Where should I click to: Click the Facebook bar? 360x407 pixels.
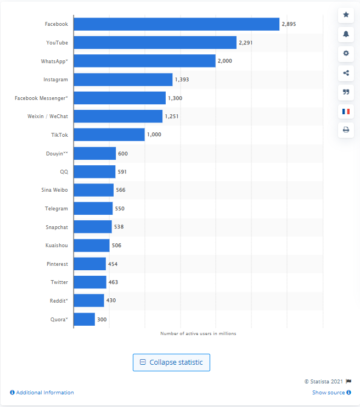(x=176, y=24)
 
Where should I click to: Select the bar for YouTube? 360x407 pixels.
(x=155, y=42)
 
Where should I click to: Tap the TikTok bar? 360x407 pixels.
(x=109, y=135)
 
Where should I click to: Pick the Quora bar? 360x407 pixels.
(x=84, y=319)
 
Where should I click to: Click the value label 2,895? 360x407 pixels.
(x=289, y=24)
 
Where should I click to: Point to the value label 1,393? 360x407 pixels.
(x=182, y=80)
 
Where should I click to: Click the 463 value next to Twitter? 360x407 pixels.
(x=113, y=282)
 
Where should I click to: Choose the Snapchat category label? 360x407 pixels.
(x=57, y=227)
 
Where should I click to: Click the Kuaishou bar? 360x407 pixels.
(x=91, y=246)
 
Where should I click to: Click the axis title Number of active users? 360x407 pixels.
(x=198, y=333)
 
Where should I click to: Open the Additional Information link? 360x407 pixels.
(x=42, y=393)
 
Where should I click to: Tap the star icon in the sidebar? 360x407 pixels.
(x=346, y=15)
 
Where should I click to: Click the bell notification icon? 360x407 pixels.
(x=346, y=34)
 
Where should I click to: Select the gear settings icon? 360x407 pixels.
(x=346, y=53)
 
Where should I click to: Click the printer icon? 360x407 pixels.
(x=346, y=130)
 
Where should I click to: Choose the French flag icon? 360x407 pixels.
(x=346, y=111)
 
